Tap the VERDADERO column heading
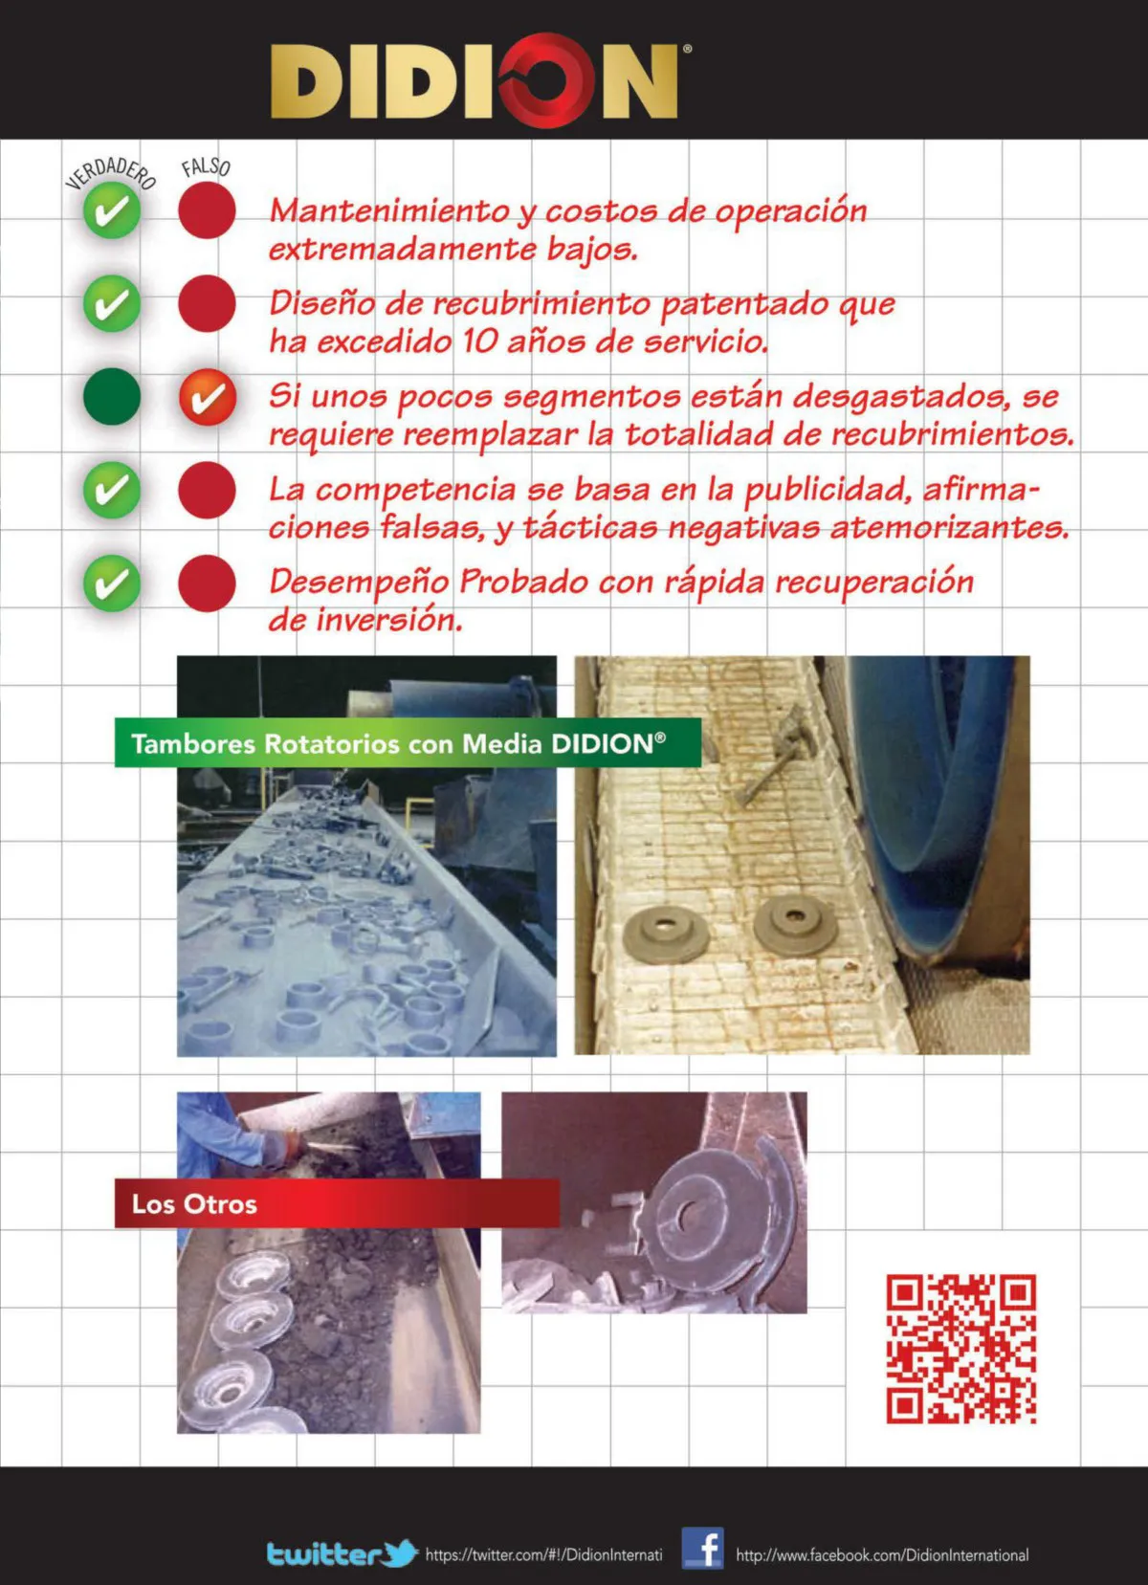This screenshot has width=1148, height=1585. tap(111, 173)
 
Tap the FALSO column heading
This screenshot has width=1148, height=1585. tap(206, 167)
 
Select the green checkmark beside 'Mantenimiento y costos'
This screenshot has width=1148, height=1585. tap(112, 210)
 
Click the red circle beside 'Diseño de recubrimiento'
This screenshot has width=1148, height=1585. tap(207, 303)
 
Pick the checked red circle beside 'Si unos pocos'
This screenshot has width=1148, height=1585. tap(208, 397)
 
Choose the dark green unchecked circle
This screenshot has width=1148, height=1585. tap(112, 396)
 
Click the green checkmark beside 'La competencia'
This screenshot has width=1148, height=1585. tap(112, 490)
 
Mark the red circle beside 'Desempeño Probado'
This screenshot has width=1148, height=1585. tap(207, 583)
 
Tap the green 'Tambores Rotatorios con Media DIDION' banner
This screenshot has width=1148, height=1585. tap(408, 743)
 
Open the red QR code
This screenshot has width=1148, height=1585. tap(961, 1349)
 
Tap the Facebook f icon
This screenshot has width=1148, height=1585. tap(703, 1549)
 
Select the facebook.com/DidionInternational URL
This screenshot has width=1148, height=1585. tap(882, 1554)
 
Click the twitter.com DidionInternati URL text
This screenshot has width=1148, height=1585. tap(543, 1554)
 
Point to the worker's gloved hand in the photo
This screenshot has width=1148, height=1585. tap(281, 1144)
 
